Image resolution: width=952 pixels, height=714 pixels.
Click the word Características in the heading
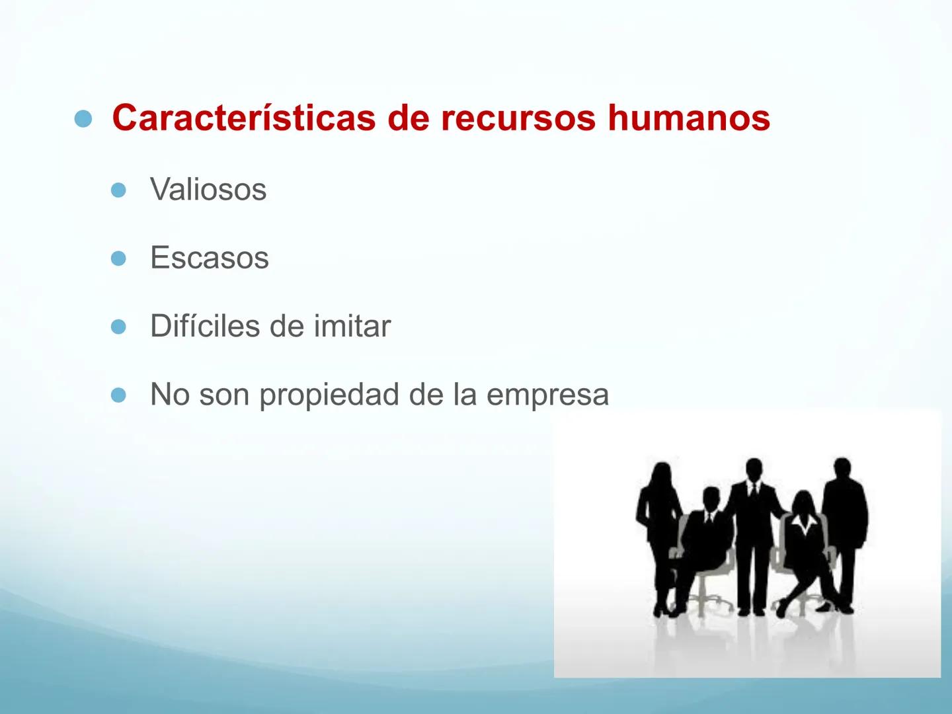[244, 118]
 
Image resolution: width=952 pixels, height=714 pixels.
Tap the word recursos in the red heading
[518, 118]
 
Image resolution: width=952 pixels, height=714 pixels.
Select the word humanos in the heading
[689, 118]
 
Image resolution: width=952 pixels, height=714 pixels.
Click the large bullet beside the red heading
[83, 119]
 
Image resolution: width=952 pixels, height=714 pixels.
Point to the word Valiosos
[208, 189]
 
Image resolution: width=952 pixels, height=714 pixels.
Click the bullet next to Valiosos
[118, 190]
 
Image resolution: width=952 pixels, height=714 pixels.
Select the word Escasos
[210, 258]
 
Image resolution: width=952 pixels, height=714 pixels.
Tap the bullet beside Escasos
[118, 258]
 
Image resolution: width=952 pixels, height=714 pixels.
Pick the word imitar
[352, 325]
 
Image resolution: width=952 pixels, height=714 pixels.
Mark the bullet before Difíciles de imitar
[118, 327]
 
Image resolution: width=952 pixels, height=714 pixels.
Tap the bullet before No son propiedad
[118, 395]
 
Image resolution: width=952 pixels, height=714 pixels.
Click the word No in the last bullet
[170, 394]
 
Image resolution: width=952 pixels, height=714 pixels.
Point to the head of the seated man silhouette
[711, 498]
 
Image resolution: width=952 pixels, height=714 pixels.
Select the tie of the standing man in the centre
[754, 490]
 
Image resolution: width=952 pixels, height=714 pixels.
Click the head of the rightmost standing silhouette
[842, 469]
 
